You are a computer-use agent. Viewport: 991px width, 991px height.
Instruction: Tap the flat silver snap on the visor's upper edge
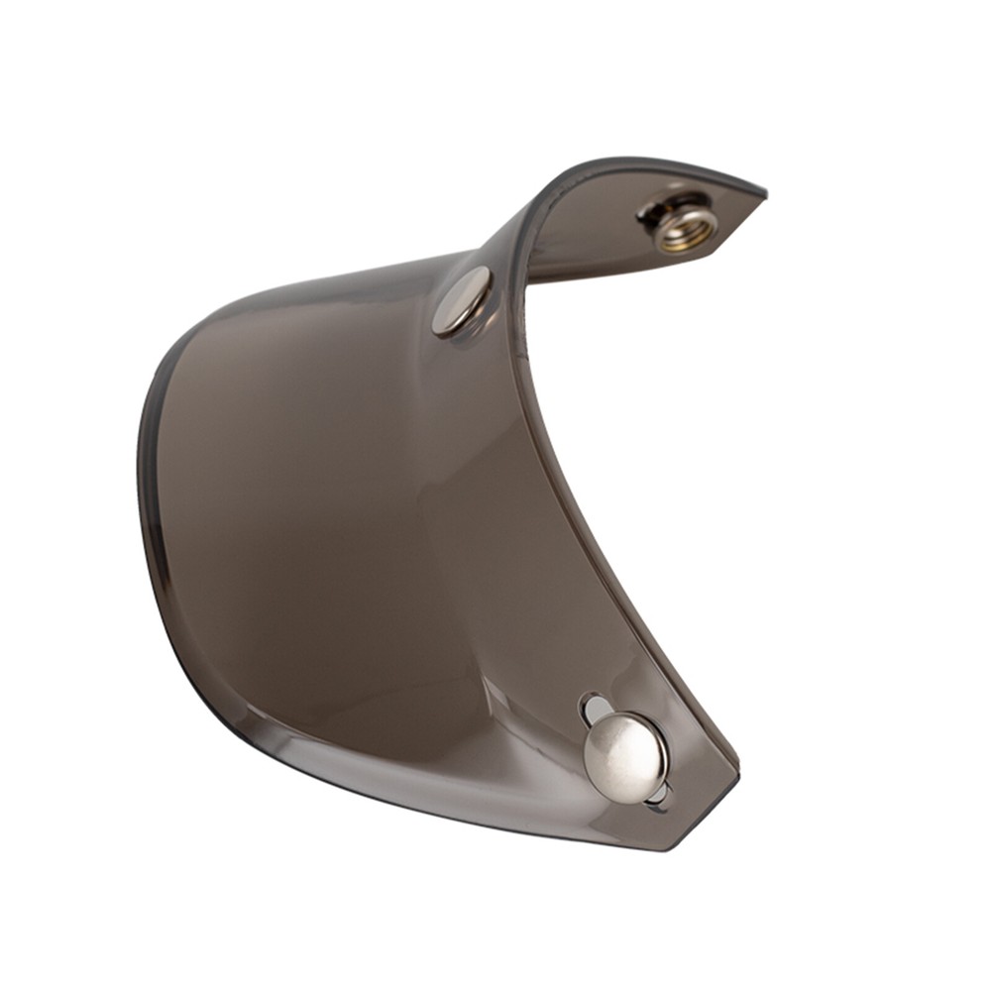tap(463, 300)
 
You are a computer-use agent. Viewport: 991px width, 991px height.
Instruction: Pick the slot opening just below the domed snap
tap(656, 796)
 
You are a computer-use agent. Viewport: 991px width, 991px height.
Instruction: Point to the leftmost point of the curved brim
tap(140, 466)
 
